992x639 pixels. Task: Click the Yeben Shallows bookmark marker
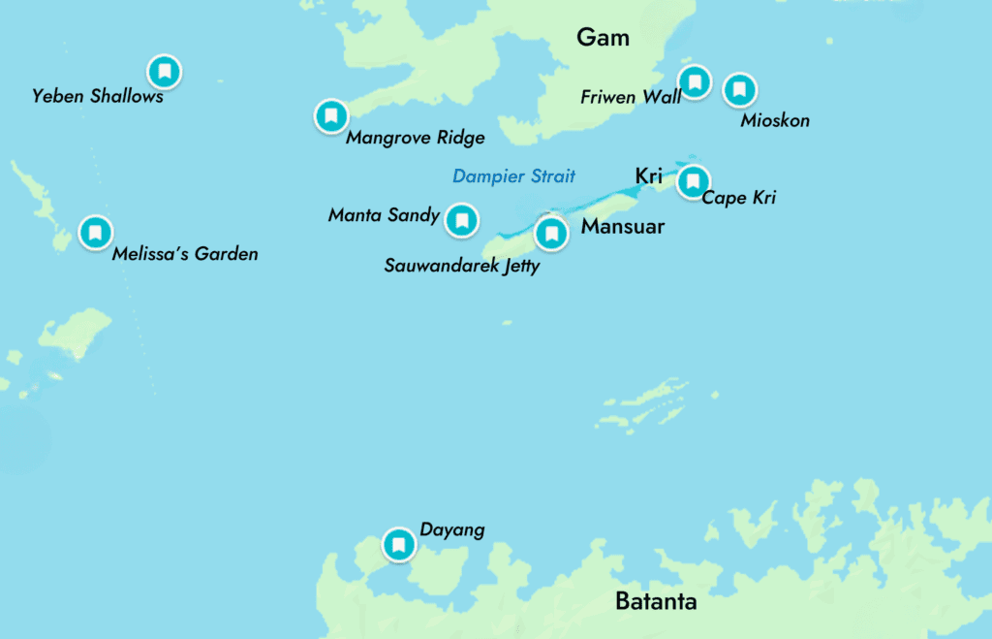pyautogui.click(x=164, y=71)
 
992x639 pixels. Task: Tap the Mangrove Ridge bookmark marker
pyautogui.click(x=331, y=116)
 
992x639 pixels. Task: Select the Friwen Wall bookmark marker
pyautogui.click(x=694, y=80)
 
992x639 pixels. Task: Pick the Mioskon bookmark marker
pyautogui.click(x=739, y=90)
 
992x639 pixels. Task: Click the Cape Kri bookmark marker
pyautogui.click(x=693, y=181)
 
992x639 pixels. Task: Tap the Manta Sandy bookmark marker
pyautogui.click(x=461, y=220)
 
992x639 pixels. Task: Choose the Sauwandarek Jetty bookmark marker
pyautogui.click(x=551, y=234)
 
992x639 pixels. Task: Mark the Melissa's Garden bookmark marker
pyautogui.click(x=95, y=233)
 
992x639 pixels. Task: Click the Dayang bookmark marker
pyautogui.click(x=398, y=544)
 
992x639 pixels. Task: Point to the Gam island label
pyautogui.click(x=603, y=38)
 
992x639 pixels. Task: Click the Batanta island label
pyautogui.click(x=656, y=601)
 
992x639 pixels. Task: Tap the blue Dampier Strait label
pyautogui.click(x=513, y=176)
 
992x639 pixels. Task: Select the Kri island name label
pyautogui.click(x=648, y=176)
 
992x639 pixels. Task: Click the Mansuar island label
pyautogui.click(x=622, y=227)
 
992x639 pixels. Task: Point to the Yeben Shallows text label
pyautogui.click(x=97, y=96)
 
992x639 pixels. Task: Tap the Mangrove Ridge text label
pyautogui.click(x=415, y=138)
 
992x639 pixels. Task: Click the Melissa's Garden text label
pyautogui.click(x=185, y=254)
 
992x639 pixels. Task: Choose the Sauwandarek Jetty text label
pyautogui.click(x=461, y=266)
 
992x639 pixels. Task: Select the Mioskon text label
pyautogui.click(x=774, y=121)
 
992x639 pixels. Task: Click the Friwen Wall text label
pyautogui.click(x=630, y=97)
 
